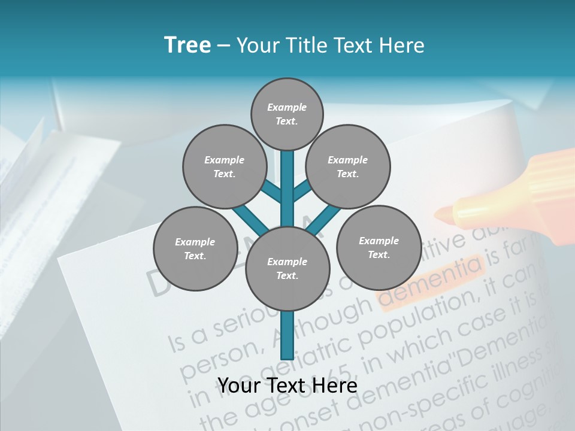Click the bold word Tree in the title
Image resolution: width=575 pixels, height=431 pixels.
(187, 45)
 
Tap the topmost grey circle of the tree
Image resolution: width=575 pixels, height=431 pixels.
(287, 114)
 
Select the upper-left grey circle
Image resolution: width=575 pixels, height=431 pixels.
(224, 167)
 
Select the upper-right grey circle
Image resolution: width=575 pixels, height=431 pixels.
(348, 167)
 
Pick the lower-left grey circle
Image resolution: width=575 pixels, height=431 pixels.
(195, 248)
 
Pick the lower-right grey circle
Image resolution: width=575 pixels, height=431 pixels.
(379, 247)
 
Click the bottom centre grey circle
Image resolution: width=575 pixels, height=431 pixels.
(287, 269)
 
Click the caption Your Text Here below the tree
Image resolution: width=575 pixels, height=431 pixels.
(287, 386)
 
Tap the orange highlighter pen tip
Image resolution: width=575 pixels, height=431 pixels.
(446, 212)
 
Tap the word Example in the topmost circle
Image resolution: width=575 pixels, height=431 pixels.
(287, 108)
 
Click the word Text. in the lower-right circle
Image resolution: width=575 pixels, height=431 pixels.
(379, 254)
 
